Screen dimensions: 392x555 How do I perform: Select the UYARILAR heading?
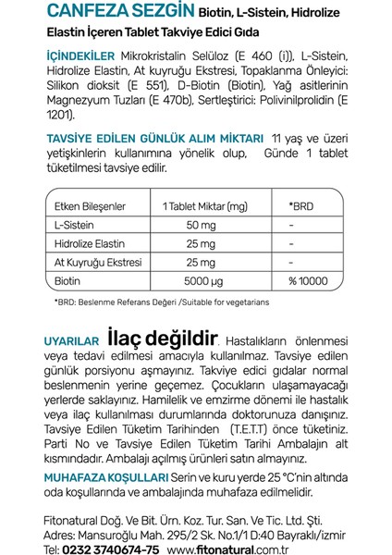[72, 343]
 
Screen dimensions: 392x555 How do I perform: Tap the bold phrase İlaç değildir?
[163, 339]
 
